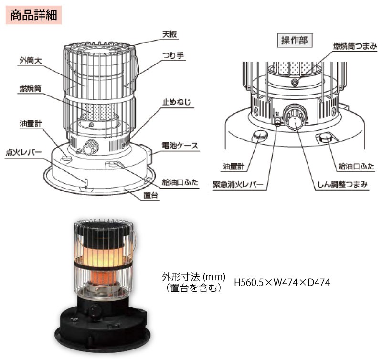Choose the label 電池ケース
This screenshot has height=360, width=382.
coord(180,145)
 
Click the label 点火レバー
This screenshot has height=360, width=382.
coord(24,153)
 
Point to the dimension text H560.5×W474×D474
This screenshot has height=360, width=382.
coord(282,282)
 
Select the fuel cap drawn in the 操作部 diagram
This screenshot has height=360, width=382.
coord(325,138)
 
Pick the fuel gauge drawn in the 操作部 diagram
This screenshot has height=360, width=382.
coord(260,136)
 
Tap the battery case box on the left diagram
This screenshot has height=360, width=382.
coord(152,155)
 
